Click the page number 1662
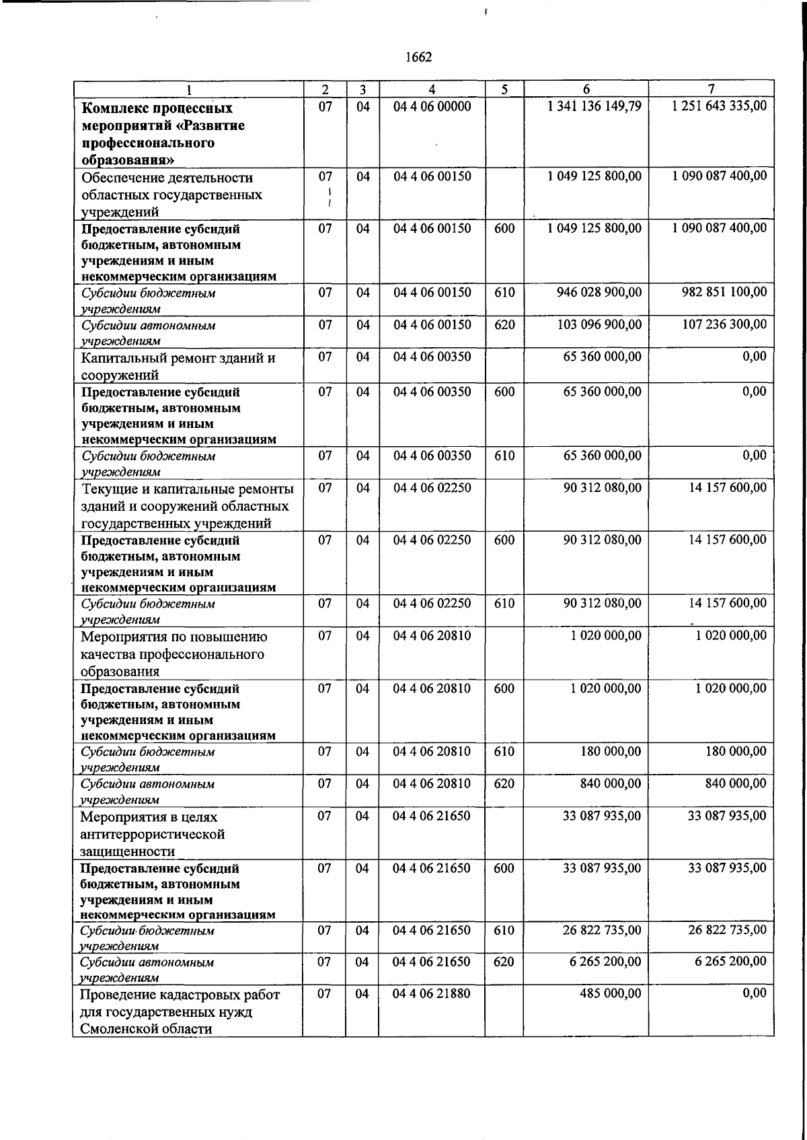pos(418,57)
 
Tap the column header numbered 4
pos(432,90)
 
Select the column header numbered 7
pos(711,89)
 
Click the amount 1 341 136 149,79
pos(594,106)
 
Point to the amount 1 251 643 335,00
pos(719,106)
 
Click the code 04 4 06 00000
pos(432,106)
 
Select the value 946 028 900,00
pos(599,292)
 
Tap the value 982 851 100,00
pos(724,292)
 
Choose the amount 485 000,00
pos(610,993)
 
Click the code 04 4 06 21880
pos(431,993)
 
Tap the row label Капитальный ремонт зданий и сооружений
pos(178,366)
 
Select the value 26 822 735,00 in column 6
pos(602,930)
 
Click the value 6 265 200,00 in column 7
pos(730,962)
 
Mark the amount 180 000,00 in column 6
pos(610,752)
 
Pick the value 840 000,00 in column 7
pos(734,784)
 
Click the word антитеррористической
pos(152,834)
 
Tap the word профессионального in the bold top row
pos(148,143)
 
